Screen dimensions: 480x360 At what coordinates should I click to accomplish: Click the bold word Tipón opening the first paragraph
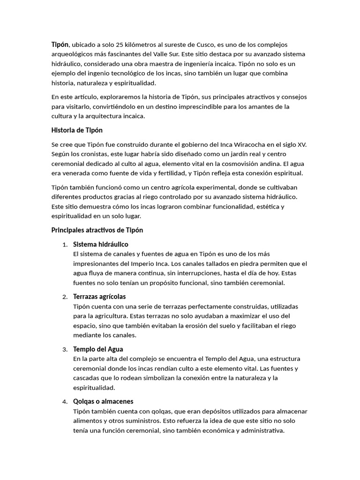(60, 45)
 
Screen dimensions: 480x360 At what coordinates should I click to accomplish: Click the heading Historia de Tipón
(77, 130)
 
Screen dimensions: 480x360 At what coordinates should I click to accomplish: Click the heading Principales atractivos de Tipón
(97, 230)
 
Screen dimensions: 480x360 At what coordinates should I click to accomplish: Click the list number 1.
(64, 245)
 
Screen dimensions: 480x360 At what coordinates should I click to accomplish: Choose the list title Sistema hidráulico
(101, 244)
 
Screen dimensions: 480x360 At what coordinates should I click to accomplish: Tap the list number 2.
(64, 297)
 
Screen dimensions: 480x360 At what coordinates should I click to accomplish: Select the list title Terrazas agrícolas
(99, 297)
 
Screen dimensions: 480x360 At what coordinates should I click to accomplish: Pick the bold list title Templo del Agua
(98, 349)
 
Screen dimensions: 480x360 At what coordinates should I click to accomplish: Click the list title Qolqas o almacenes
(103, 402)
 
